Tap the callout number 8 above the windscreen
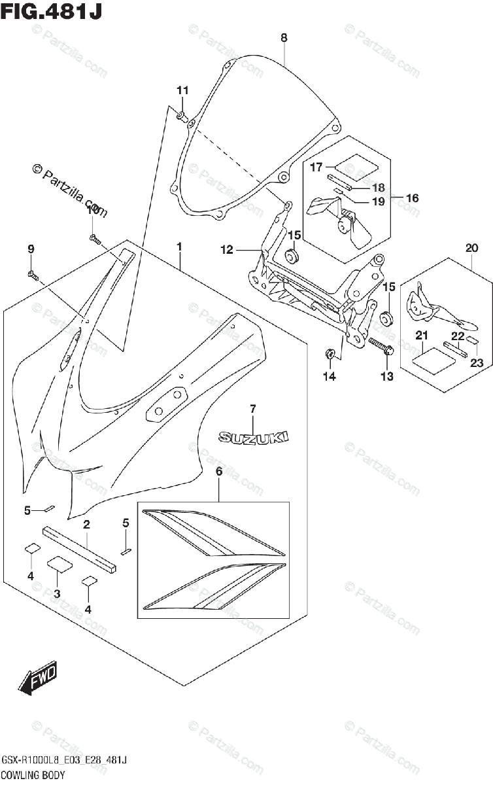(x=284, y=38)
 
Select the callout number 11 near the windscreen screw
(x=182, y=90)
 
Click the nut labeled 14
(x=331, y=354)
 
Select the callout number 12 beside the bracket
(x=226, y=249)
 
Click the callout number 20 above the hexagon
(x=472, y=248)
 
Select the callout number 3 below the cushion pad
(x=57, y=593)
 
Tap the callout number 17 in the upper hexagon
(x=316, y=167)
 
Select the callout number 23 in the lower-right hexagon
(x=475, y=364)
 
